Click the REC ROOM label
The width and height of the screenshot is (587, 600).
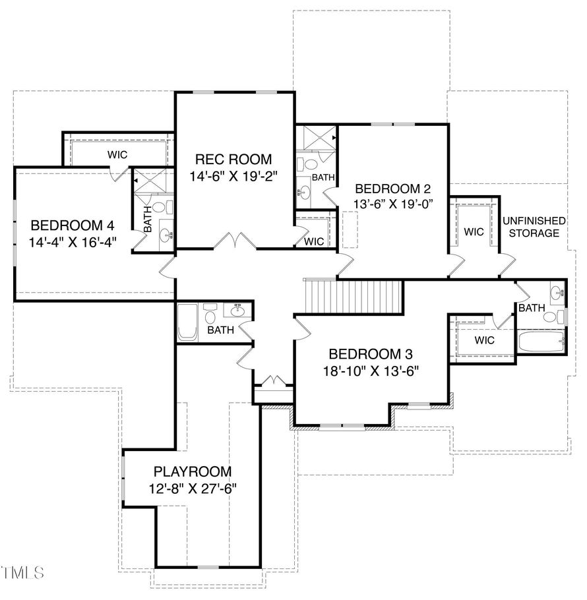click(233, 159)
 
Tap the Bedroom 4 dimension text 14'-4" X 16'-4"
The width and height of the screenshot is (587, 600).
click(73, 242)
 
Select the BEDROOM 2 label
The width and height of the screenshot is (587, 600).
click(393, 189)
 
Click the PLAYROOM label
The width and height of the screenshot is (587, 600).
click(193, 471)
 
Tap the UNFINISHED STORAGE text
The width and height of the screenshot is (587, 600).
click(534, 227)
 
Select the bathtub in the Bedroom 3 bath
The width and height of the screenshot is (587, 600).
click(541, 342)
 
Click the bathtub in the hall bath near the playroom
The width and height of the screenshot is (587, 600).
click(187, 322)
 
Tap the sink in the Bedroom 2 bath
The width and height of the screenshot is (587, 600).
click(305, 190)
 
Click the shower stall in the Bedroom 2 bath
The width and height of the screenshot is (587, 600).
click(317, 137)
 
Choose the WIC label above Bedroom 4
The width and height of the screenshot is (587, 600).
click(117, 155)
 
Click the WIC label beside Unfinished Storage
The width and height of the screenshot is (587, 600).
click(474, 231)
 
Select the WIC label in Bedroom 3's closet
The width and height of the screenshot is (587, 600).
click(485, 340)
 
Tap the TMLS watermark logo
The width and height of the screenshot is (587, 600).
click(22, 572)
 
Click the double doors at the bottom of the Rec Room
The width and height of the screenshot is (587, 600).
click(235, 241)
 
